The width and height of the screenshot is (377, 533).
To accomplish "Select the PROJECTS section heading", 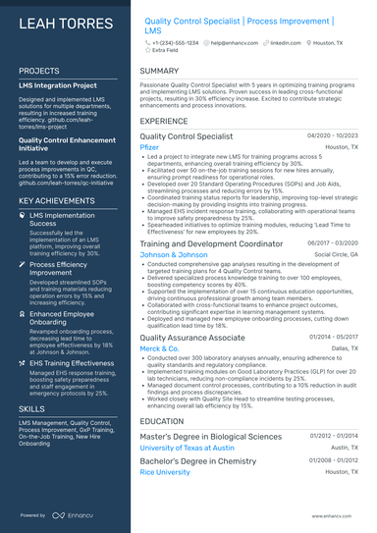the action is pos(39,72).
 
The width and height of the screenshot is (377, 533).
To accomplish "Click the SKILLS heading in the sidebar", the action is pos(31,380).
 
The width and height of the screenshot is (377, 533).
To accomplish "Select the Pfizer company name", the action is pos(149,146).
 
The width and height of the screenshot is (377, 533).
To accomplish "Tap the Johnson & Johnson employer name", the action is pos(174,254).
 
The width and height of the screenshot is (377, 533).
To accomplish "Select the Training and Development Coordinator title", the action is pos(211,243).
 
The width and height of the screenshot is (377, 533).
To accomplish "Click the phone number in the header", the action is pos(175,43).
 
